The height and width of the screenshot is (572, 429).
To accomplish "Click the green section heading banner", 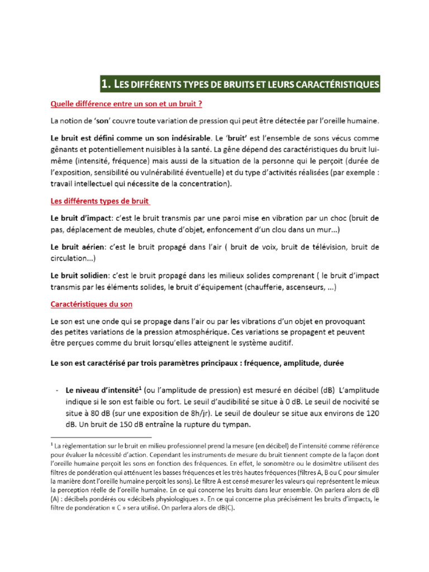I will (240, 84).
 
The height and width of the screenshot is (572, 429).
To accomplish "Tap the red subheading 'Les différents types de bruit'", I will (101, 201).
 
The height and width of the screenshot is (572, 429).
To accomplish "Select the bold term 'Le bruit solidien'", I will (79, 275).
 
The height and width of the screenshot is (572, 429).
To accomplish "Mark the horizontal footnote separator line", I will (101, 437).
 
